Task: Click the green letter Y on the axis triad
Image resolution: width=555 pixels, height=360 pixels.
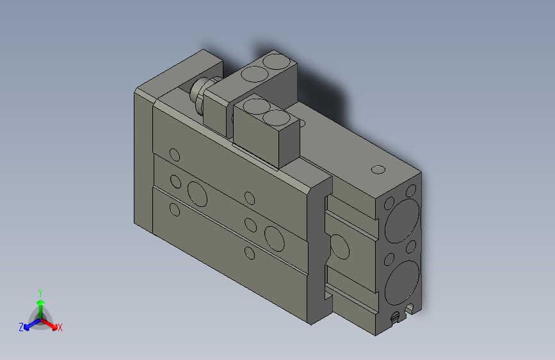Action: (x=40, y=292)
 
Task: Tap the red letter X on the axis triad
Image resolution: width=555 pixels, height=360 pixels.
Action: (x=60, y=327)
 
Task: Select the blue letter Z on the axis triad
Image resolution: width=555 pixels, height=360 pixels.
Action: (x=21, y=327)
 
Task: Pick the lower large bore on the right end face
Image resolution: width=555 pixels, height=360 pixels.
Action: (x=403, y=279)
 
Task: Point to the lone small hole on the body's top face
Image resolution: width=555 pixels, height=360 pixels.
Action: (x=378, y=170)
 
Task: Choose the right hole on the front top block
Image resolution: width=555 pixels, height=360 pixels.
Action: (x=277, y=118)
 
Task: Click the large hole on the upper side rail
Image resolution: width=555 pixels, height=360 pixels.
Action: (x=197, y=190)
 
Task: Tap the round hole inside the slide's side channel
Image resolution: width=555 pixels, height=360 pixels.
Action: (x=339, y=247)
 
